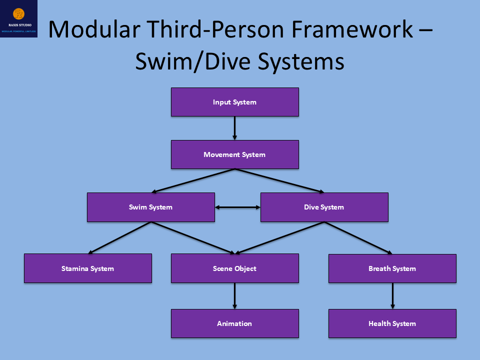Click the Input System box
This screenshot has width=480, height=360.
(234, 102)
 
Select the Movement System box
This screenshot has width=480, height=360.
(234, 154)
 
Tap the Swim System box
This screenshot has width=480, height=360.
(150, 207)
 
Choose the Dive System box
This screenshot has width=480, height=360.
(324, 207)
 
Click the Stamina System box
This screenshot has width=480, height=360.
(87, 268)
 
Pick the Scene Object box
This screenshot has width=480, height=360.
(234, 268)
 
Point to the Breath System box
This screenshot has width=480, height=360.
(392, 268)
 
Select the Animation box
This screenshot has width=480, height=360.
(234, 323)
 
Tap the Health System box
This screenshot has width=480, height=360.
(392, 323)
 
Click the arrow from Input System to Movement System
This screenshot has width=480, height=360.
(234, 128)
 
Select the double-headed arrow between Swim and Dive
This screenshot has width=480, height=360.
(237, 207)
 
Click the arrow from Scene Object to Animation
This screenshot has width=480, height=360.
(234, 296)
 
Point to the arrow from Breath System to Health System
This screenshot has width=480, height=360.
(392, 296)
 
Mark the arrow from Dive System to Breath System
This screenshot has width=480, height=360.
(358, 238)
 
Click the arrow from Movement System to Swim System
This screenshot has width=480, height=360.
(193, 181)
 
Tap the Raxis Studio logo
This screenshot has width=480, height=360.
(19, 19)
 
